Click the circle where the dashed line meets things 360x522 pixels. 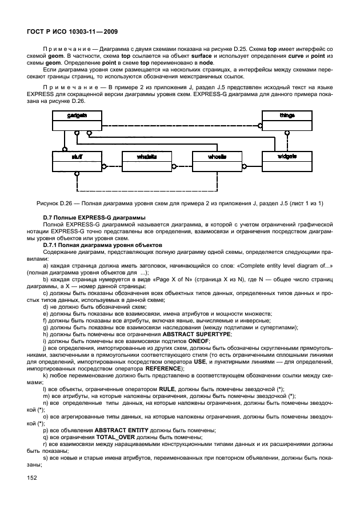(x=263, y=124)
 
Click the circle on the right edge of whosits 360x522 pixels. (x=245, y=167)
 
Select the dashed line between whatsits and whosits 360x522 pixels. (x=182, y=156)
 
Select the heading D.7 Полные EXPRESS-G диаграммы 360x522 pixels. (x=90, y=219)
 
